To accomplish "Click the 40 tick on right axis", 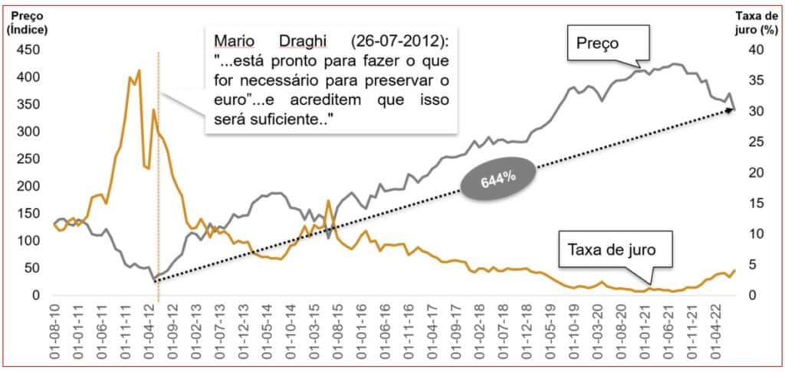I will tap(755, 50).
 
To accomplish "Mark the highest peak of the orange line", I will tap(139, 71).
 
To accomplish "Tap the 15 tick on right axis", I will tap(755, 203).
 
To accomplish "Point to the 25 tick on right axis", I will tap(755, 142).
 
